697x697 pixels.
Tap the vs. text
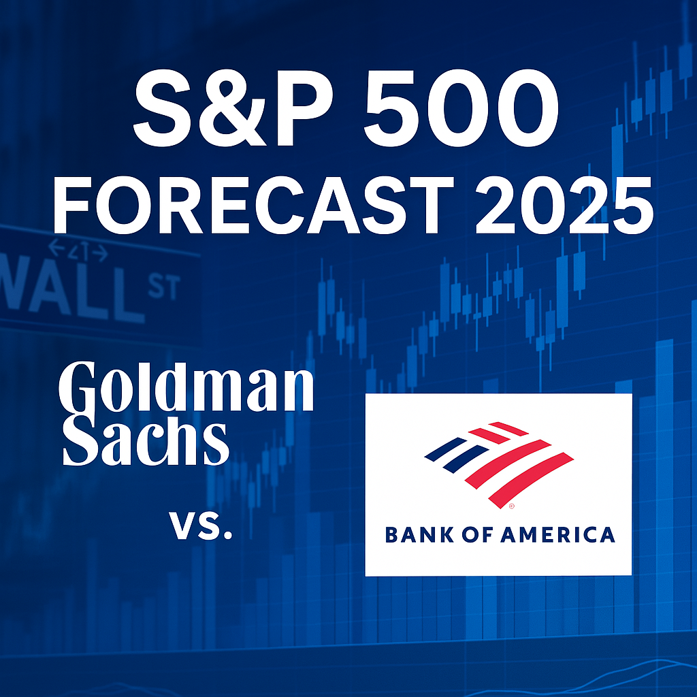[x=201, y=526]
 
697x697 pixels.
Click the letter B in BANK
[x=392, y=534]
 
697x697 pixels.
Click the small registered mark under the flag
[x=511, y=507]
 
